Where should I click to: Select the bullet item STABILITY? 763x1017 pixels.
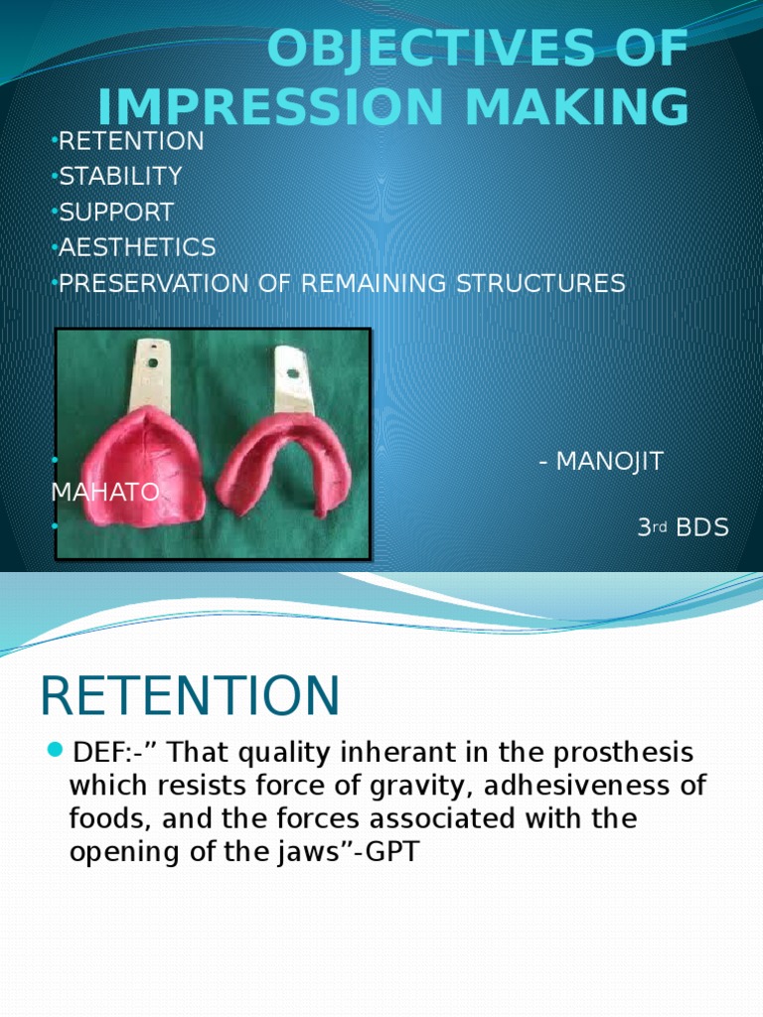tap(120, 177)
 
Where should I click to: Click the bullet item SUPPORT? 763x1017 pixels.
tap(116, 213)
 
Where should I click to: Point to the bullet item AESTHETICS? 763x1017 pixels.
tap(137, 247)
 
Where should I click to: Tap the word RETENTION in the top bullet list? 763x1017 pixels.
tap(131, 141)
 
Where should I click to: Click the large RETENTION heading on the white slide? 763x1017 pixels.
tap(190, 695)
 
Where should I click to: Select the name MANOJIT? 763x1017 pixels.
tap(609, 462)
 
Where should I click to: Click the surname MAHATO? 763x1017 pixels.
tap(105, 493)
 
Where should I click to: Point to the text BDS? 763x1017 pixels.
tap(702, 528)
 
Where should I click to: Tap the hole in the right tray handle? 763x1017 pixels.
tap(294, 373)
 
